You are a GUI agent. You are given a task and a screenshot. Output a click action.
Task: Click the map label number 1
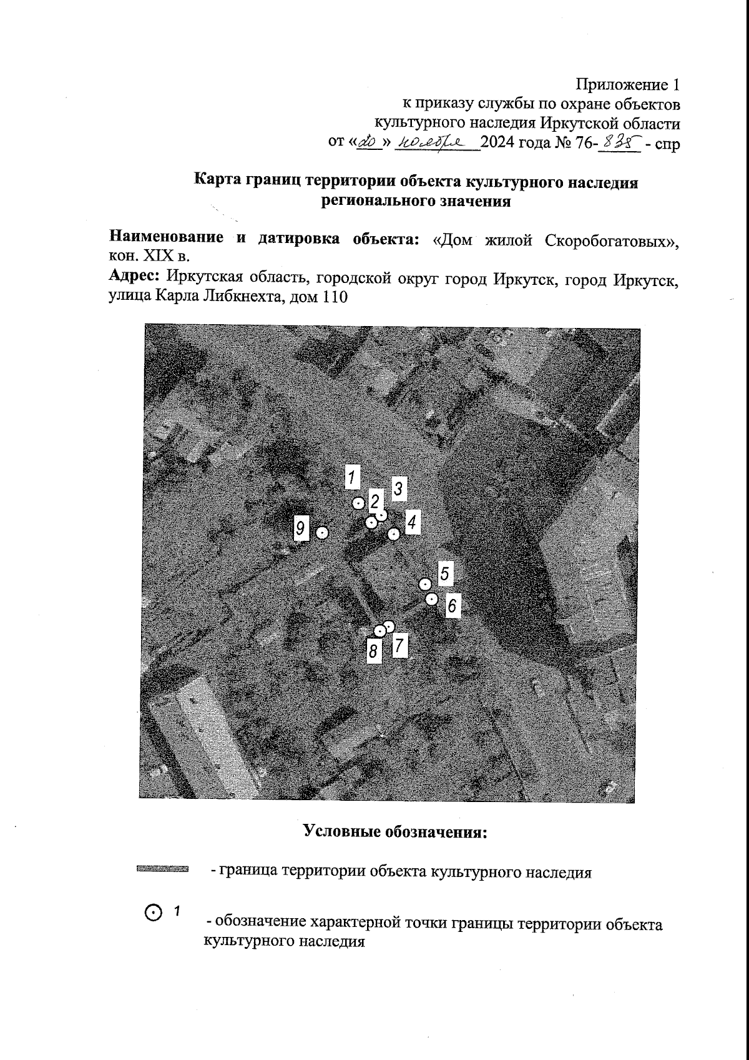coord(353,477)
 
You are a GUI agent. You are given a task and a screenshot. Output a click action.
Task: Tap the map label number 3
coord(399,488)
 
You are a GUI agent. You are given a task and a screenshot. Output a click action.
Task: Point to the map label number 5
coord(444,573)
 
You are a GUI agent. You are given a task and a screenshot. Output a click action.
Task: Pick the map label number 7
coord(399,646)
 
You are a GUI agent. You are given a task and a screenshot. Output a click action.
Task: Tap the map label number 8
coord(373,651)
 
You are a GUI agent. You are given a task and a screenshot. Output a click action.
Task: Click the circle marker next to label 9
coord(322,533)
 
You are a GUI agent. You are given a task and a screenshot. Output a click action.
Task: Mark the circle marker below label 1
coord(358,502)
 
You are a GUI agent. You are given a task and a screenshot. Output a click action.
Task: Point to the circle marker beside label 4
coord(393,533)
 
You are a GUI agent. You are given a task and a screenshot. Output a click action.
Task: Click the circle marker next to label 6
coord(431,599)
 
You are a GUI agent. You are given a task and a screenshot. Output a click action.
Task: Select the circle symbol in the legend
coord(153,913)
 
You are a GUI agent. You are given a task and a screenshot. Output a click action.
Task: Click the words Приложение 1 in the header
coord(627,84)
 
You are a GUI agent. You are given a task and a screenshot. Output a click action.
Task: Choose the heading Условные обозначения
coord(394,831)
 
